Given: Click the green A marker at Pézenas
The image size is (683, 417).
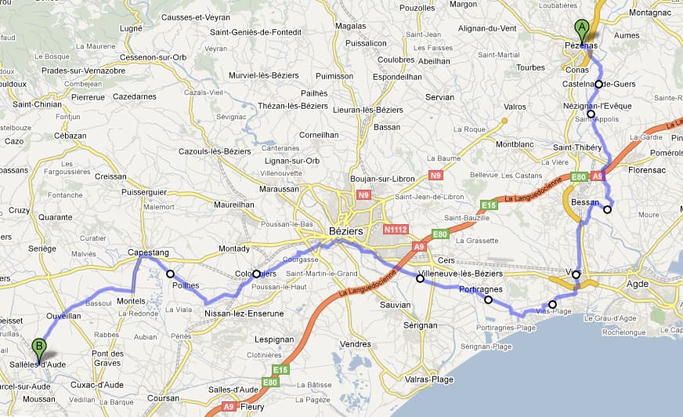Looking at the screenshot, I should [x=581, y=30].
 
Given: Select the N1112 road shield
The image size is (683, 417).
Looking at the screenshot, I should [x=395, y=230].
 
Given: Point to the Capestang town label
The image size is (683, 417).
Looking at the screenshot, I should [x=149, y=253].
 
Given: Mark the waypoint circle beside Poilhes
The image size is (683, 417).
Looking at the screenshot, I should [x=170, y=274].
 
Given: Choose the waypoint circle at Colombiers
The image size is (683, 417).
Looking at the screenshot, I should [x=256, y=274].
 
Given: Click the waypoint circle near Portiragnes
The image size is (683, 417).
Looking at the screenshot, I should [x=488, y=299].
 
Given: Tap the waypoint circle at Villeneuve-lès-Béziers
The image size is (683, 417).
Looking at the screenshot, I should [x=420, y=278].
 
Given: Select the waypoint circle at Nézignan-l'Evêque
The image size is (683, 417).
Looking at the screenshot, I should [x=591, y=114].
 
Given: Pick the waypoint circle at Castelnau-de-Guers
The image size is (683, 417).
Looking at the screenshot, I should [x=598, y=85].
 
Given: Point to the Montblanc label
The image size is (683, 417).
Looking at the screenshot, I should [x=514, y=144].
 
